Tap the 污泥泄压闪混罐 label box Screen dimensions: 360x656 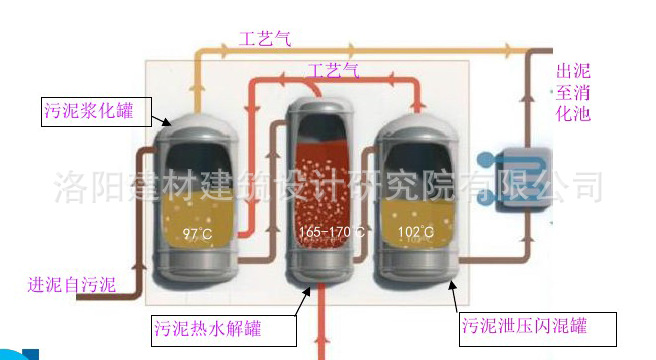(x=537, y=326)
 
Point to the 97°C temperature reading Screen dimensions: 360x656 (x=197, y=235)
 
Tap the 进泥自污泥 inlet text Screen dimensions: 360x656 (x=72, y=284)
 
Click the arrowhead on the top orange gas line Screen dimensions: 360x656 (x=512, y=48)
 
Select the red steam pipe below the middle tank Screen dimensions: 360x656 (x=321, y=325)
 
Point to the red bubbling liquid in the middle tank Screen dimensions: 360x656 (x=327, y=190)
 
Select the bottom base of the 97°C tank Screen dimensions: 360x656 (x=196, y=268)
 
